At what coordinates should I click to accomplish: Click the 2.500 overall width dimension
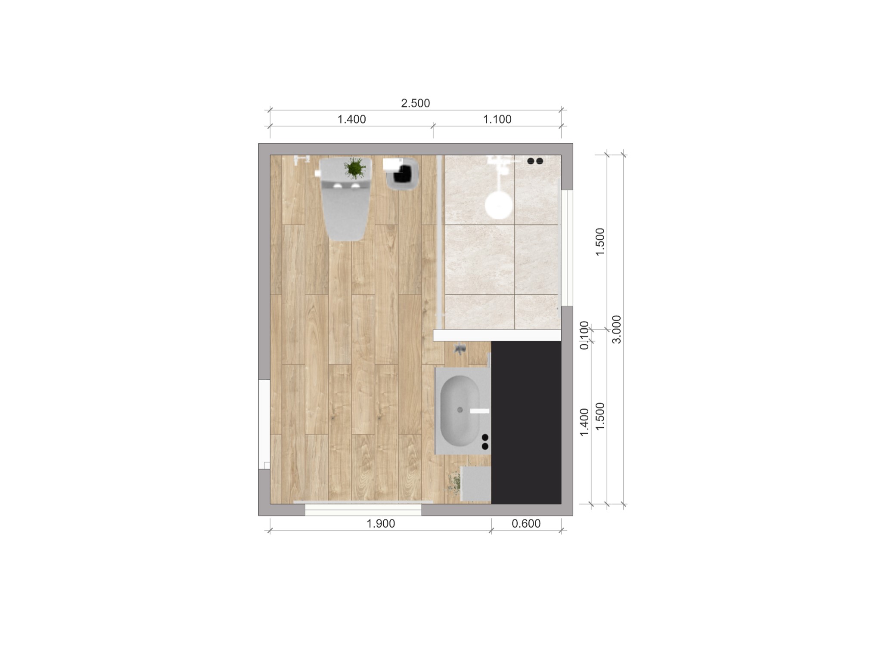[415, 103]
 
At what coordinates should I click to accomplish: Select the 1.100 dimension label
[497, 119]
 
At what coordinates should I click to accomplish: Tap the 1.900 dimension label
[380, 524]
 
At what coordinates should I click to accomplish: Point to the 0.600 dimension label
[526, 524]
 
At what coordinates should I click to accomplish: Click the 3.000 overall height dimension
[617, 329]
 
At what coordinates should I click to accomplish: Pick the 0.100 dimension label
[584, 335]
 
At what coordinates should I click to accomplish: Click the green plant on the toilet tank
[354, 168]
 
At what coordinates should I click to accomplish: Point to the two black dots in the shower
[535, 161]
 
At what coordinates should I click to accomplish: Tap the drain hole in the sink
[460, 410]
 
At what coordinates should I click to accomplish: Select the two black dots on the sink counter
[485, 442]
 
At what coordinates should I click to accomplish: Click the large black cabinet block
[526, 422]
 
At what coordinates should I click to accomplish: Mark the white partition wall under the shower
[497, 335]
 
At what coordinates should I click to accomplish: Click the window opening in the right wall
[567, 248]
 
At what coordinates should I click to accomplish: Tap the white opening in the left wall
[264, 424]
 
